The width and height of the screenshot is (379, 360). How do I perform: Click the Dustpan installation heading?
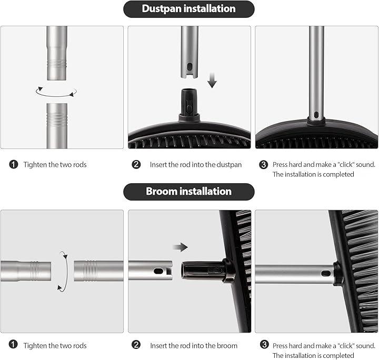click(x=188, y=9)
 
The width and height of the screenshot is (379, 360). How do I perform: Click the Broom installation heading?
click(x=188, y=192)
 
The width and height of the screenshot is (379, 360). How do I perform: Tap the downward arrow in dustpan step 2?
click(x=212, y=80)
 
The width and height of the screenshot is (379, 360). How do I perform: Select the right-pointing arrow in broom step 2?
click(x=181, y=247)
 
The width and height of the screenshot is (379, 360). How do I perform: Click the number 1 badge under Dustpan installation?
click(x=14, y=165)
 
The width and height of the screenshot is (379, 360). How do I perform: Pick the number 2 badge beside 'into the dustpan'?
click(x=136, y=165)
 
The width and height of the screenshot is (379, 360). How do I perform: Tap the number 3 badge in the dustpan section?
click(x=264, y=165)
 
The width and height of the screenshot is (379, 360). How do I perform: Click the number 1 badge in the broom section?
click(x=13, y=344)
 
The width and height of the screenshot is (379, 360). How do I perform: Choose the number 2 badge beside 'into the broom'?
click(x=136, y=345)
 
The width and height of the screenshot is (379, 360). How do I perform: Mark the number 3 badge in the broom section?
click(x=264, y=345)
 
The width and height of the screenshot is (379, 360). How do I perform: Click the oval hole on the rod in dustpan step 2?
click(x=189, y=67)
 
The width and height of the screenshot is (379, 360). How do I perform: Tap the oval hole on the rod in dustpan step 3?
click(x=316, y=115)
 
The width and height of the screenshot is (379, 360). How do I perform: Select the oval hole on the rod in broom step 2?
click(x=158, y=271)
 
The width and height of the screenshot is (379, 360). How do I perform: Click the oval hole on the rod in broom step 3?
click(x=326, y=274)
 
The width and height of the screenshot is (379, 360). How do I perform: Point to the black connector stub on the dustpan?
click(x=189, y=102)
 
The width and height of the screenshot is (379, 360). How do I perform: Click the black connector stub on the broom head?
click(x=203, y=271)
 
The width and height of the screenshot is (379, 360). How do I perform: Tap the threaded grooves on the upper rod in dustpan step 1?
click(x=57, y=64)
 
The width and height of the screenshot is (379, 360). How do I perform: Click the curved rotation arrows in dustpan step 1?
click(x=56, y=92)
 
